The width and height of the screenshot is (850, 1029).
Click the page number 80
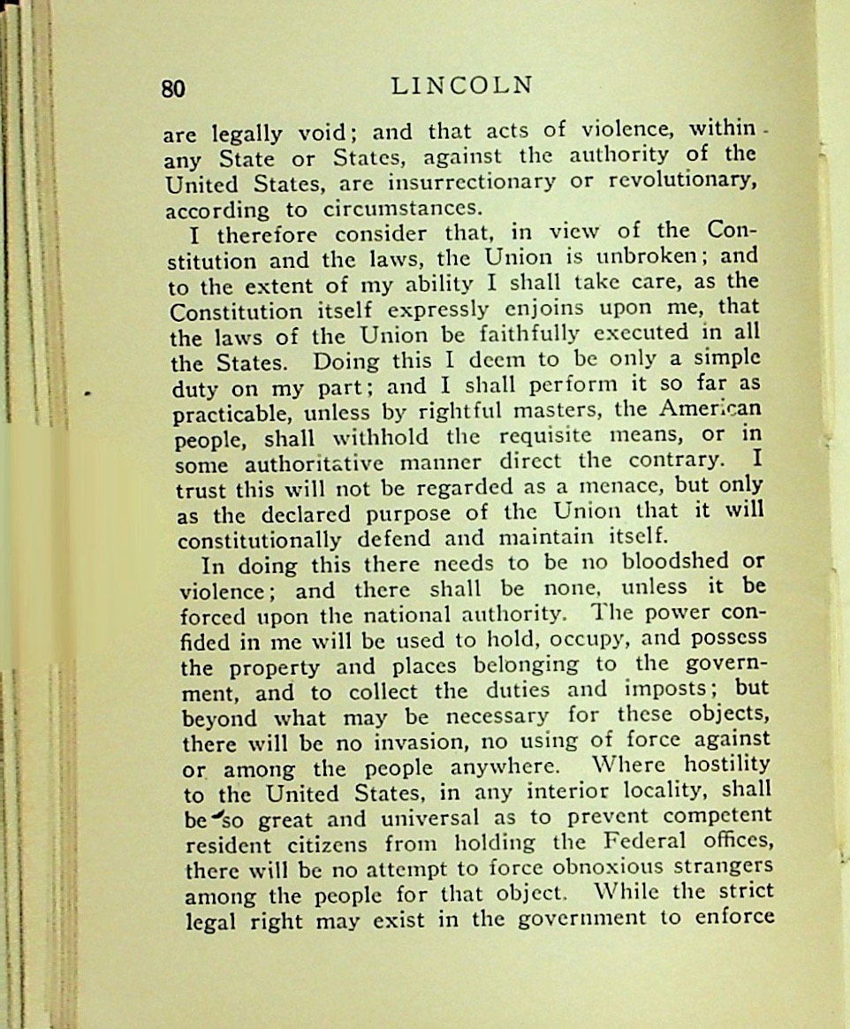[173, 88]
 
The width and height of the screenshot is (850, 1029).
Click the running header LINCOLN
[462, 86]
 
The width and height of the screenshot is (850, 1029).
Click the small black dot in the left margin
[90, 389]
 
